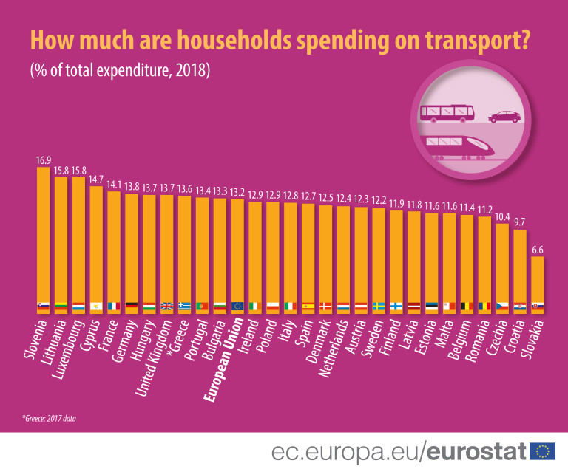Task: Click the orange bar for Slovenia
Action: pos(43,236)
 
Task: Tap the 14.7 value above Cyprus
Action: pos(95,179)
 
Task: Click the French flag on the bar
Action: pos(114,306)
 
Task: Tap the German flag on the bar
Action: pos(132,306)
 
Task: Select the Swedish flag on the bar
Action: pos(379,306)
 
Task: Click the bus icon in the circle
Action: pos(447,113)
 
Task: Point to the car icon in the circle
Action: pos(504,117)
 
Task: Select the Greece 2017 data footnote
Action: pos(50,419)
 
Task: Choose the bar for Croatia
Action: pos(520,270)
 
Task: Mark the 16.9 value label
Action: pos(43,160)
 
